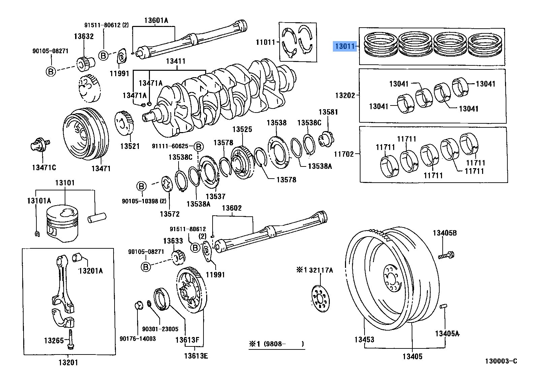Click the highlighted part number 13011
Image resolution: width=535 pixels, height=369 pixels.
tap(345, 46)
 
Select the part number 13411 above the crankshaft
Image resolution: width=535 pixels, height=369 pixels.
tap(176, 61)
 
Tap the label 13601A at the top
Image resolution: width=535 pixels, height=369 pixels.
tap(156, 20)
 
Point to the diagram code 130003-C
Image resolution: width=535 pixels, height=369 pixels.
tap(501, 361)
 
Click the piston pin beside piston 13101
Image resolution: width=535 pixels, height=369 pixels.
tap(97, 217)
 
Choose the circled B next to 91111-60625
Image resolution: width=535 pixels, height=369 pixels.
tap(199, 147)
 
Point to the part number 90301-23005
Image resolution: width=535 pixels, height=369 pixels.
tap(160, 329)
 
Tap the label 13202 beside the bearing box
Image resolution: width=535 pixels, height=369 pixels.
tap(345, 95)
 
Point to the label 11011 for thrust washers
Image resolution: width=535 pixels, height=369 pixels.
tap(265, 42)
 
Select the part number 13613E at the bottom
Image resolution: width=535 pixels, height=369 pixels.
tap(196, 356)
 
